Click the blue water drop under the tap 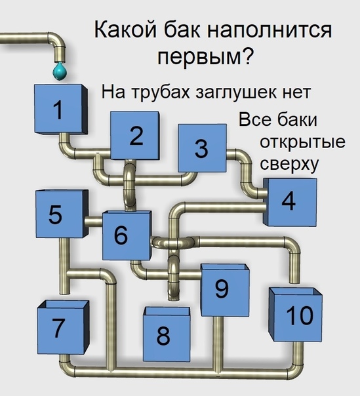point(60,71)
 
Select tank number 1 point(61,109)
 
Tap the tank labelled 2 point(135,135)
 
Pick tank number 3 point(202,148)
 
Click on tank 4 point(290,202)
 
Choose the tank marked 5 point(62,214)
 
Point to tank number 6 point(127,235)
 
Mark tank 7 point(63,327)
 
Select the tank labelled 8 point(167,334)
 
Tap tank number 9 point(225,290)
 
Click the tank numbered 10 point(295,315)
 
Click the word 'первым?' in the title point(205,56)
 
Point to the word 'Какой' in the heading point(125,30)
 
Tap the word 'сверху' point(289,165)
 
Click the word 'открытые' point(302,142)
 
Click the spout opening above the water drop point(60,60)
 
